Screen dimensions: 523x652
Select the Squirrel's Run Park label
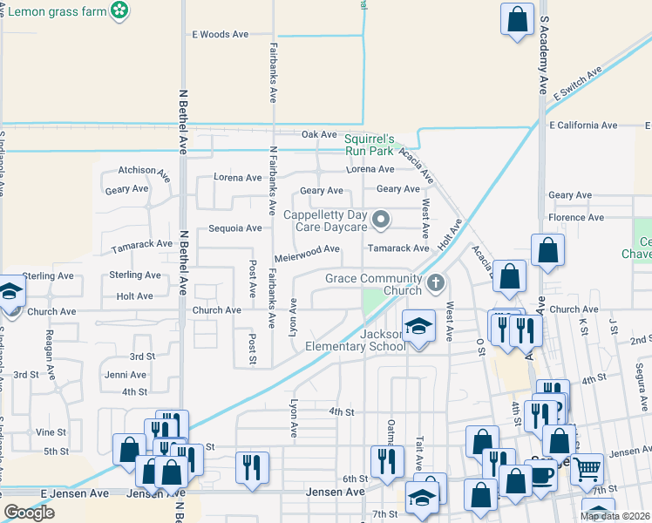[370, 145]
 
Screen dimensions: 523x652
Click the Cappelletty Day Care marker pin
[380, 220]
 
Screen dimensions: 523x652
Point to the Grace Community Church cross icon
[436, 282]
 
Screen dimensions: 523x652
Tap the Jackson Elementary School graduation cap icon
[418, 327]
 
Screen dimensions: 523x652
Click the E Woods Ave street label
[220, 35]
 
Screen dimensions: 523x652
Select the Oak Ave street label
[319, 135]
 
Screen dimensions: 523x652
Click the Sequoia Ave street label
[234, 228]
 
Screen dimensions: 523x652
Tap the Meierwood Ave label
[307, 249]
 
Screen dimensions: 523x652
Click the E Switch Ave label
[578, 86]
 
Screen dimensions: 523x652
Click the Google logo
[29, 513]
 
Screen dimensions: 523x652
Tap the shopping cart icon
[587, 469]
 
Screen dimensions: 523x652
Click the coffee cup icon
[541, 476]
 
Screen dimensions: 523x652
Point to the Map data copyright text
[615, 516]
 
